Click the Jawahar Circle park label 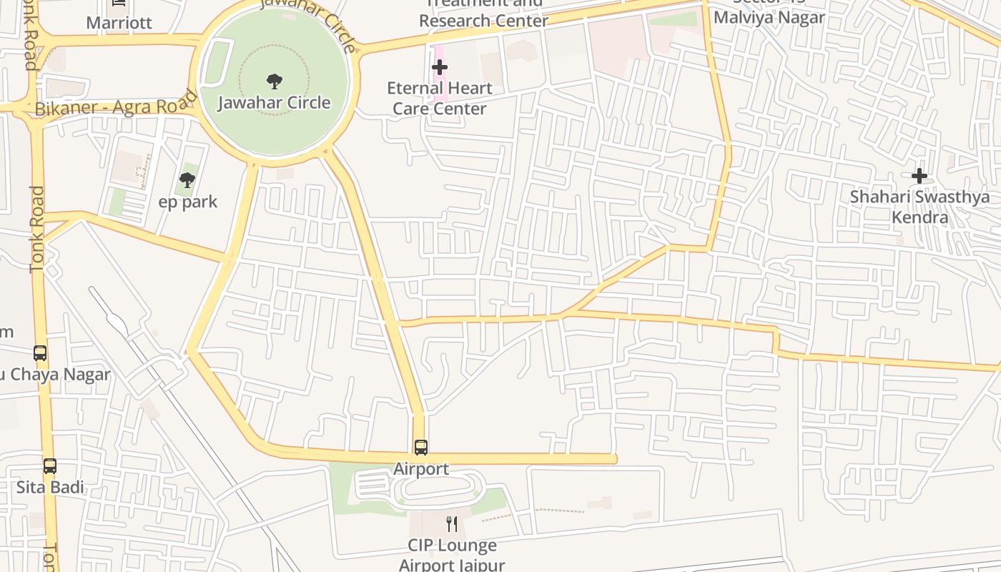274,102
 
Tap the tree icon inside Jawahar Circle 274,81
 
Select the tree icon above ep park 187,179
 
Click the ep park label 187,202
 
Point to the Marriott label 119,23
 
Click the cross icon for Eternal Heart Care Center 440,67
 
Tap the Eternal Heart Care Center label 440,98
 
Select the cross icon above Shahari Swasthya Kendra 919,175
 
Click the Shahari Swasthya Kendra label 919,207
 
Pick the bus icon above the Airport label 421,448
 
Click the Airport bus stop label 421,469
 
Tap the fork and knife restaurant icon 452,524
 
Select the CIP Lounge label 452,546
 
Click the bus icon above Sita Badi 50,466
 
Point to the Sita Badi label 50,488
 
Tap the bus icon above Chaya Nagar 40,353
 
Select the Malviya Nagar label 769,17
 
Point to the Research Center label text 483,20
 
